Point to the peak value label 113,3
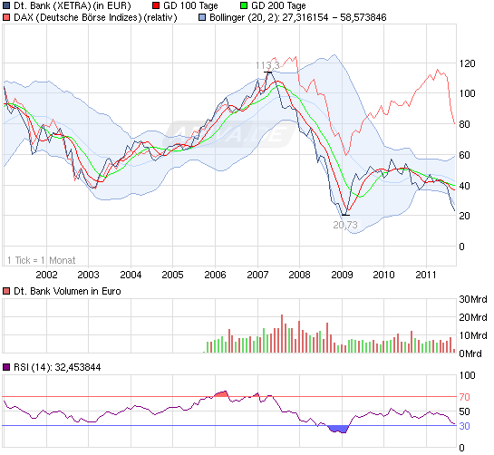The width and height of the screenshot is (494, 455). [x=266, y=65]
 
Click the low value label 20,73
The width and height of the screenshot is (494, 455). [x=345, y=224]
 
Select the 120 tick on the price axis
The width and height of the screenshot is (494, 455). [x=468, y=63]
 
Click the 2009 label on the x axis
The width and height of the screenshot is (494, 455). [x=342, y=274]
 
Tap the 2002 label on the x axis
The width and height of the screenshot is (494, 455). [x=46, y=274]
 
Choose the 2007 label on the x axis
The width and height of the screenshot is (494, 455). [x=257, y=274]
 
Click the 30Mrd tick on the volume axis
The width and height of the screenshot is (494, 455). [x=473, y=300]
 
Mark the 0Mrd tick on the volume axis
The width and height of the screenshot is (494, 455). [x=473, y=353]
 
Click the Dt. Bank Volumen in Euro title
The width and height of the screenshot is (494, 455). [x=68, y=291]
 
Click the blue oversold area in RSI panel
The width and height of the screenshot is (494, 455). [x=338, y=429]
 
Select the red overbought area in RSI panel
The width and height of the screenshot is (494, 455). [x=223, y=393]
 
